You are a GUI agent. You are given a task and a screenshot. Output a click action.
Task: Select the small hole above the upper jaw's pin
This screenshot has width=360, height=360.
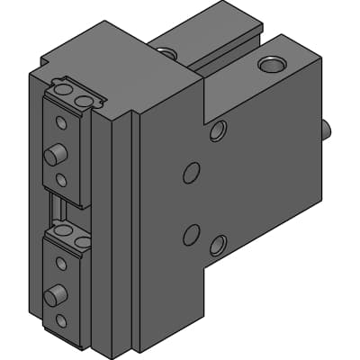pyautogui.click(x=60, y=121)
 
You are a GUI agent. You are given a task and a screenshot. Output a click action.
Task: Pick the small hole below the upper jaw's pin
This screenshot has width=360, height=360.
pyautogui.click(x=60, y=180)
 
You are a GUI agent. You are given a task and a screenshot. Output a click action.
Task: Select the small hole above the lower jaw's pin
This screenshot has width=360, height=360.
pyautogui.click(x=60, y=263)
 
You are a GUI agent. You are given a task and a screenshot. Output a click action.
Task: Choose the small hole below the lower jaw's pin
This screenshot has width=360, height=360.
pyautogui.click(x=60, y=320)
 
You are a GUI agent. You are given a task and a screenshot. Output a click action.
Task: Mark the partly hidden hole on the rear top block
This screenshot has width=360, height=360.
pyautogui.click(x=166, y=52)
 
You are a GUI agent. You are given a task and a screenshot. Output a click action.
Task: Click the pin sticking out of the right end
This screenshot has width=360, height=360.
pyautogui.click(x=327, y=130)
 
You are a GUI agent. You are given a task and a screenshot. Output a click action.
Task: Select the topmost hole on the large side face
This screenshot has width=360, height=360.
pyautogui.click(x=218, y=132)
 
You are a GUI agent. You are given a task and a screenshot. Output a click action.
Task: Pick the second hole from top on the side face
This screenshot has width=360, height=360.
pyautogui.click(x=191, y=173)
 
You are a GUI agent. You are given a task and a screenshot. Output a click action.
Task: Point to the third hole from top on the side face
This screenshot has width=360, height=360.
pyautogui.click(x=191, y=234)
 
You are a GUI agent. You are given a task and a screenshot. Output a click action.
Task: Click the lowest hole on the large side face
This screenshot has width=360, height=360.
pyautogui.click(x=218, y=244)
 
